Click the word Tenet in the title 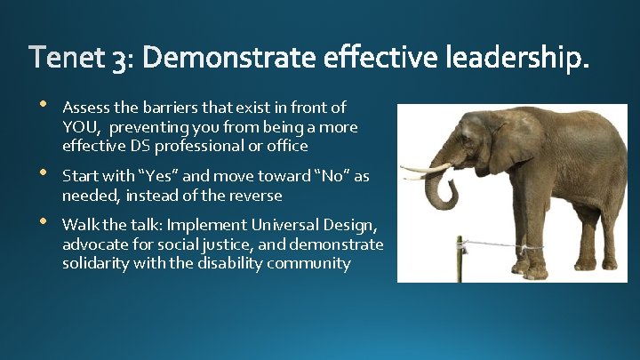[66, 59]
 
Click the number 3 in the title [118, 60]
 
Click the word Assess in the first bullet [85, 108]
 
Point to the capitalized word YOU [78, 127]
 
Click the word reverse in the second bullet [253, 196]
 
